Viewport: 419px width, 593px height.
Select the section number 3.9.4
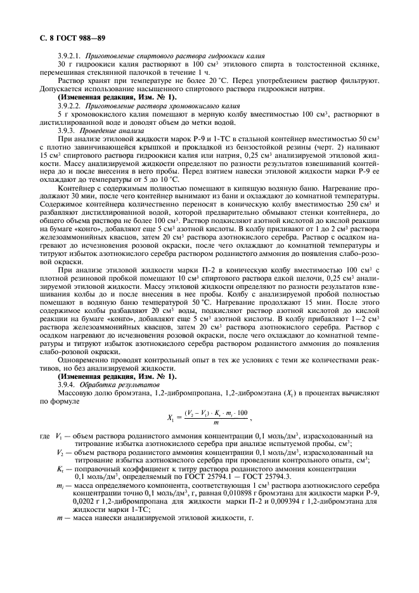tap(66, 385)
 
